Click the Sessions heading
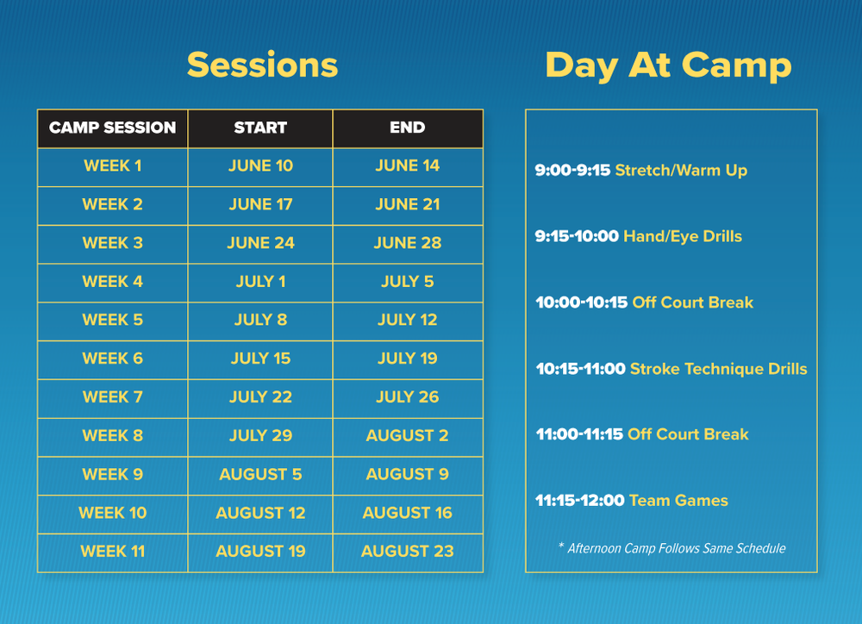262,66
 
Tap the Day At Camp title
668,66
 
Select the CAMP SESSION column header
112,128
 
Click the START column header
260,128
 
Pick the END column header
407,128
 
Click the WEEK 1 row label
112,166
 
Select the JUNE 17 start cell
260,205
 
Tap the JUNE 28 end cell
407,244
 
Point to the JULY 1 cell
260,282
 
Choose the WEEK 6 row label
112,359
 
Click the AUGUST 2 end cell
407,436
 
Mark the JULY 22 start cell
260,397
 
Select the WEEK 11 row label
112,552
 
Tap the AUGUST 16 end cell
407,513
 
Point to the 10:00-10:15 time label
581,303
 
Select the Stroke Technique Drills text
718,369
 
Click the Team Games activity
678,501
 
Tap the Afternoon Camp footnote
671,548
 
